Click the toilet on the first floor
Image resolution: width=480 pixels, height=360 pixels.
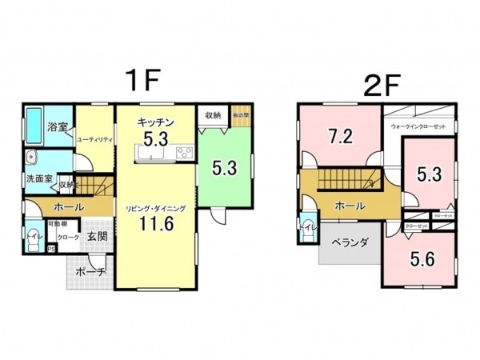(x=31, y=240)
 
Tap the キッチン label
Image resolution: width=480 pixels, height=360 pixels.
(x=156, y=121)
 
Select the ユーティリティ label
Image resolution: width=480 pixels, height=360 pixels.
(x=94, y=139)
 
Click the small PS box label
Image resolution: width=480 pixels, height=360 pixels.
(x=52, y=249)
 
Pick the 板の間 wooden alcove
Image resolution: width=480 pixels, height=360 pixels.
(x=241, y=115)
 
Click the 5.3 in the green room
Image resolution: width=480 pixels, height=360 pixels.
(x=224, y=168)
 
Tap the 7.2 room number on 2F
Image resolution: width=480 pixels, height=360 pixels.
(x=340, y=136)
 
